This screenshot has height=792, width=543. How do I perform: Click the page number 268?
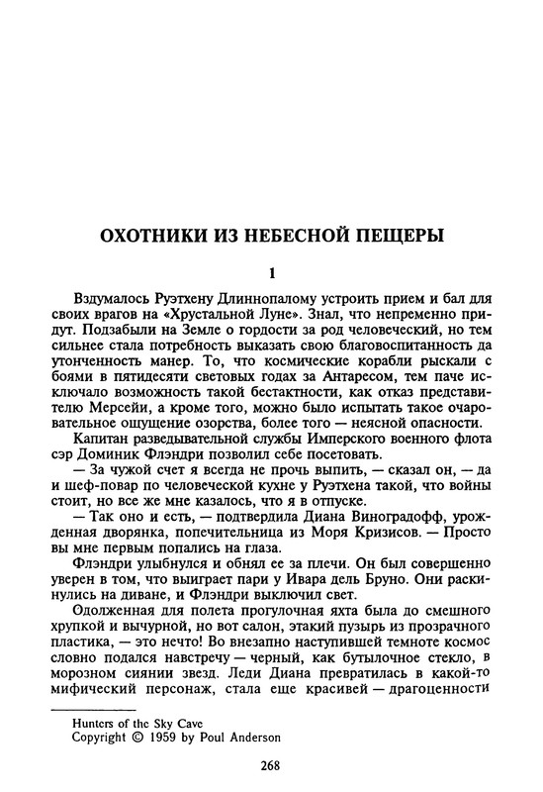tap(271, 763)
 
